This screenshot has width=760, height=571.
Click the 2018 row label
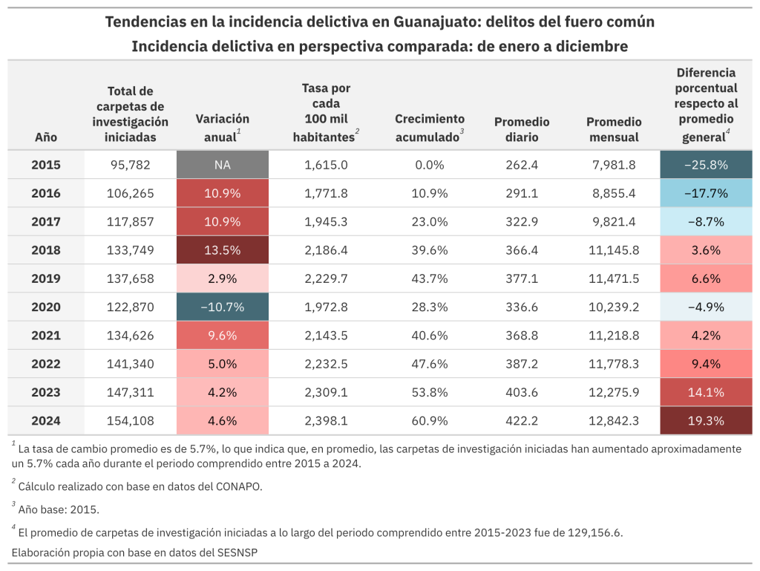(46, 250)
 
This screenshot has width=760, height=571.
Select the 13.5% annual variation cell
(222, 250)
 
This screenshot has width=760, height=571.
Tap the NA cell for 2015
(222, 165)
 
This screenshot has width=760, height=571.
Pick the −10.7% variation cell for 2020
(222, 307)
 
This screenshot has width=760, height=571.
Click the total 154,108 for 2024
(131, 420)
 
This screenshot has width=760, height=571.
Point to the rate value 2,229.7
(326, 278)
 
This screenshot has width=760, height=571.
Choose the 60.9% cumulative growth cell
(430, 420)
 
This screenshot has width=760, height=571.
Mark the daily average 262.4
(522, 165)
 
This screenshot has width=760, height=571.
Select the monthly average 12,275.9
(613, 392)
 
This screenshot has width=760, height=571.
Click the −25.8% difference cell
(706, 165)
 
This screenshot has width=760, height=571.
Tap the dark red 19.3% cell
(706, 420)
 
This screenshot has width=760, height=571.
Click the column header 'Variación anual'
(222, 127)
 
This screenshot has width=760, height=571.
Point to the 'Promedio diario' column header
(522, 129)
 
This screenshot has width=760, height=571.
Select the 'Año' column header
(46, 137)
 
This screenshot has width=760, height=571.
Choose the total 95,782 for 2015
(131, 165)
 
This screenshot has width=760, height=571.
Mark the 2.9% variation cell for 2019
(222, 278)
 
